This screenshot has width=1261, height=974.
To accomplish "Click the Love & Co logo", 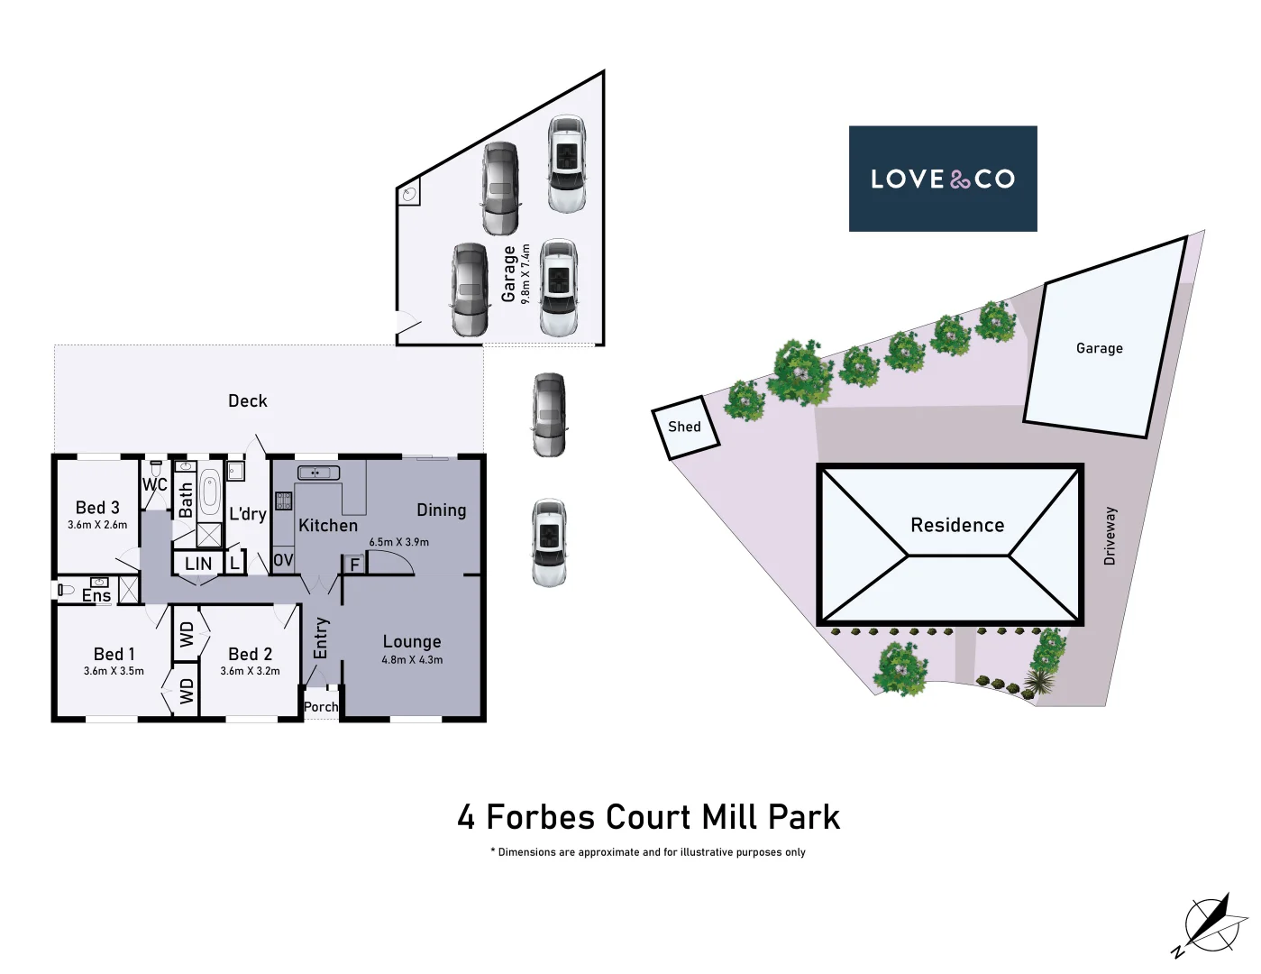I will click(942, 179).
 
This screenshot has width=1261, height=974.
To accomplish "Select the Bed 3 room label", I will click(97, 508).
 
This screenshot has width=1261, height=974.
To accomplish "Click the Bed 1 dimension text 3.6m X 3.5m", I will click(114, 671).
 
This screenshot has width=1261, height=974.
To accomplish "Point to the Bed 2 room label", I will click(250, 654).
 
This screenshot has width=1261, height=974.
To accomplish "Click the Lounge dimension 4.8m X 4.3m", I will click(412, 660).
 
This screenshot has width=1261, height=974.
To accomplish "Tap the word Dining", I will click(441, 510).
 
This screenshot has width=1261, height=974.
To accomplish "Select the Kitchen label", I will click(328, 526).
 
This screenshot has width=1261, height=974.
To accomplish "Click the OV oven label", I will click(283, 560).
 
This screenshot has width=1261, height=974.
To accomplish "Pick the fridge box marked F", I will click(354, 565).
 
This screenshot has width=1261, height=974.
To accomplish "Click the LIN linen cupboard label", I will click(198, 564).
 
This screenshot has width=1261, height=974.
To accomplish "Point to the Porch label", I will click(321, 707).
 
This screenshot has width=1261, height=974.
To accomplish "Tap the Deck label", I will click(247, 400).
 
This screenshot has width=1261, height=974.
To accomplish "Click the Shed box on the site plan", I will click(685, 427).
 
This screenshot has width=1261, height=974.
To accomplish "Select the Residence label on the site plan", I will click(956, 525).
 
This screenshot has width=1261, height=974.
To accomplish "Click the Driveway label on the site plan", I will click(1110, 536).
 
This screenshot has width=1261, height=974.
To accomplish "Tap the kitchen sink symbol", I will click(318, 473).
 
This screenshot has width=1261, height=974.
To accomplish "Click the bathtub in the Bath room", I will click(209, 492).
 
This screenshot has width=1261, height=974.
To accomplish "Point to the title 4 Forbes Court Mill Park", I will click(648, 817).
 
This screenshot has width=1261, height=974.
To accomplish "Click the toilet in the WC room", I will click(156, 470).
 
